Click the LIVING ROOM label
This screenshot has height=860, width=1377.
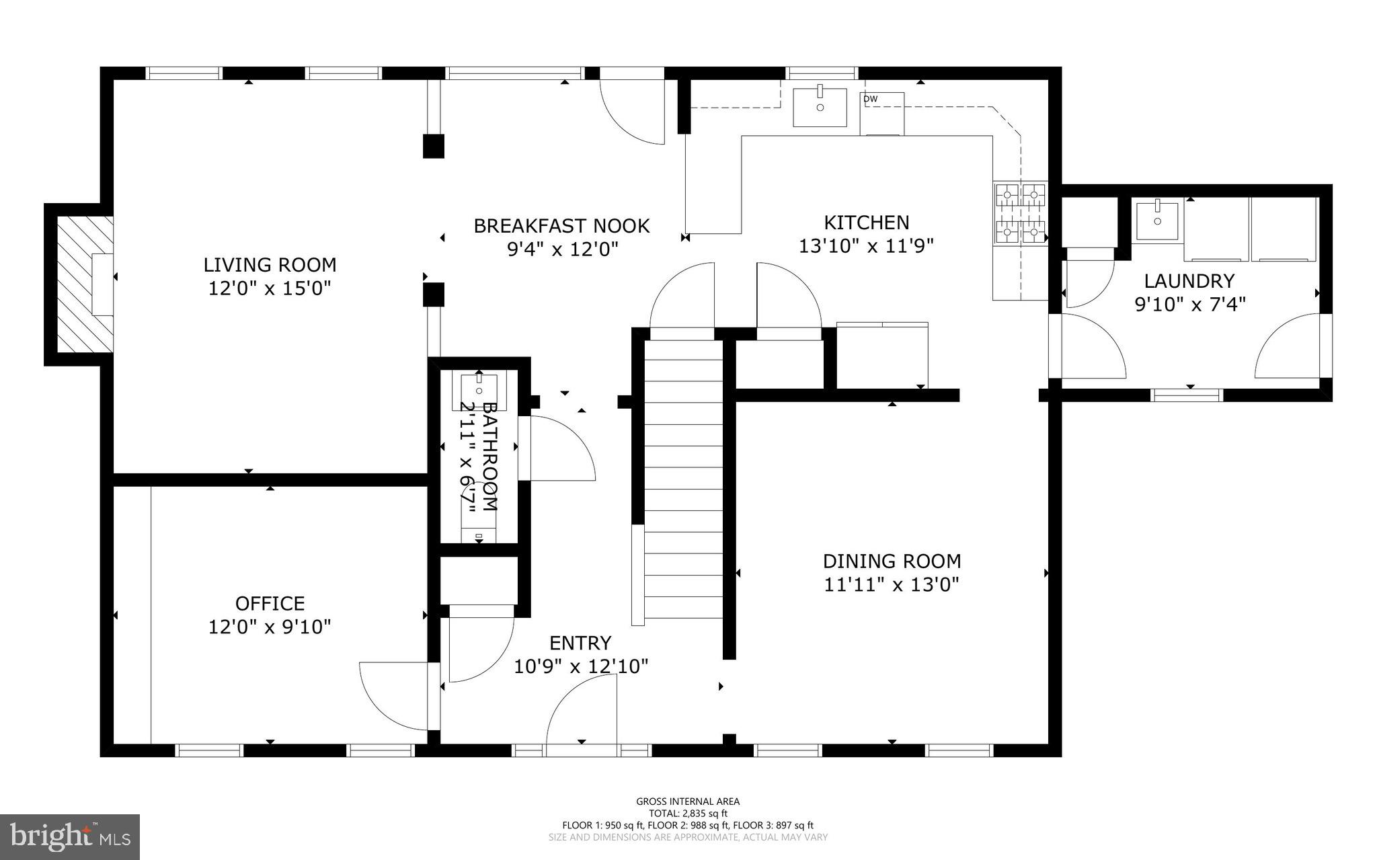(x=270, y=264)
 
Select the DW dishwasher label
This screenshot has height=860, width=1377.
(x=870, y=100)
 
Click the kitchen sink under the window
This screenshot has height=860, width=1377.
(x=820, y=107)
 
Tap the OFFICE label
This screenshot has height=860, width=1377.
(x=270, y=603)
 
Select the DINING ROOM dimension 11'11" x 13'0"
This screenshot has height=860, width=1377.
(x=892, y=584)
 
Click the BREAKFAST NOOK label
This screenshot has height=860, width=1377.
(x=561, y=226)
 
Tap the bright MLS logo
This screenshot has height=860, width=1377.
(x=70, y=836)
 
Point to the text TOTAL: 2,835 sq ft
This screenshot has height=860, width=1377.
(x=688, y=813)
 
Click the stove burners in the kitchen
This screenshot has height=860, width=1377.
(x=1020, y=213)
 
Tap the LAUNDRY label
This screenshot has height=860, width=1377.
(x=1189, y=280)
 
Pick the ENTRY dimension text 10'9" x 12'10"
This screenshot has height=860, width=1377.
(x=581, y=666)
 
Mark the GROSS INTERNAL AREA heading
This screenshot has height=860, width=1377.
(x=688, y=801)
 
